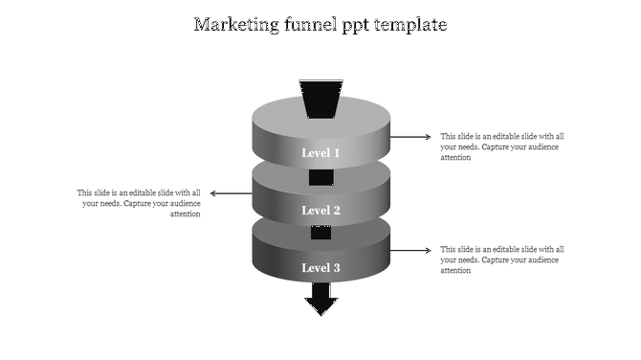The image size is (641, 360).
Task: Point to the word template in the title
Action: pos(411,25)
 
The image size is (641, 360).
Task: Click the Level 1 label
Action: pos(320,153)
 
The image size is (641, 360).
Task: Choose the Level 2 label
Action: pos(320,211)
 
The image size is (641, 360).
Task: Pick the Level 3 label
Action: pos(320,268)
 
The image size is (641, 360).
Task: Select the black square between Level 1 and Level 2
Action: pos(320,177)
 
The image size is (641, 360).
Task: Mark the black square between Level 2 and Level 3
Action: pos(320,233)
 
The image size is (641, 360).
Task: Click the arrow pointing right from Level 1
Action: pos(411,137)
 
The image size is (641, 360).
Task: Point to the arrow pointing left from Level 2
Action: pos(231,193)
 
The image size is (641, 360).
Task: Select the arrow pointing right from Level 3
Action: pos(411,251)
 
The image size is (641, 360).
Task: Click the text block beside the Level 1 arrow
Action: pos(501,146)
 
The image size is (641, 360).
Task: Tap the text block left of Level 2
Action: pos(140,203)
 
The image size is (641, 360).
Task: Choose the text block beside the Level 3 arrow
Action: pos(501,259)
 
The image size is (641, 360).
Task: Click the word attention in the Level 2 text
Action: pos(185,214)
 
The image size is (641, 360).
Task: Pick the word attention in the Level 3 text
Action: pos(455,271)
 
